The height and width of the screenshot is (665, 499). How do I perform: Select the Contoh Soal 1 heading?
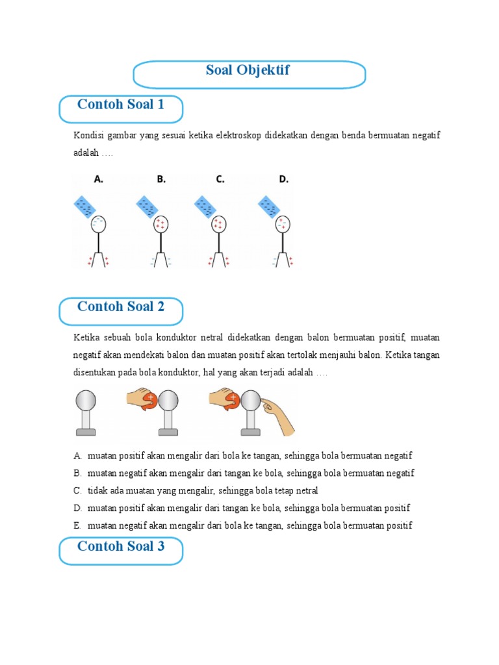click(x=120, y=105)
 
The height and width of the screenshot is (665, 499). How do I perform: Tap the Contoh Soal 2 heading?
click(x=120, y=307)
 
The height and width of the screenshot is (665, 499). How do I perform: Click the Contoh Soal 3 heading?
click(x=120, y=546)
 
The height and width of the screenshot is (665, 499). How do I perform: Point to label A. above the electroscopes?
click(x=99, y=180)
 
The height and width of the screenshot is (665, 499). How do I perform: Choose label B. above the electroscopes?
click(x=160, y=180)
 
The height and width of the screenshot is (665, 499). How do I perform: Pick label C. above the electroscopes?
click(x=221, y=180)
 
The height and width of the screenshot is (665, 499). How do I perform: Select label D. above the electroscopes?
click(x=284, y=180)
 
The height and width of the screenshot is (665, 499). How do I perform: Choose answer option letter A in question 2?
click(x=77, y=456)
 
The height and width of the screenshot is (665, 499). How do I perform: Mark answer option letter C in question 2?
click(x=77, y=490)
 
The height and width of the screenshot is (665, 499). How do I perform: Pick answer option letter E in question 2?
click(x=77, y=525)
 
